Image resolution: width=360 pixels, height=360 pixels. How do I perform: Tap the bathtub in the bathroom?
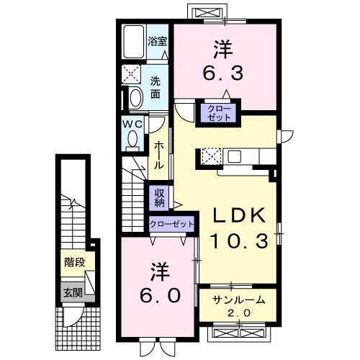tap(132, 43)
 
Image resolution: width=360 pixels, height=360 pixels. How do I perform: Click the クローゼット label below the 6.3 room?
tap(220, 112)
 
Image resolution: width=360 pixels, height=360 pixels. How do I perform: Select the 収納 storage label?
tap(159, 197)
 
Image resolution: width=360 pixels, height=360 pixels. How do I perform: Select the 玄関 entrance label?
tap(71, 292)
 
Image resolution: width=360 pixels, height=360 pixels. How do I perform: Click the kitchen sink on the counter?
tap(236, 156)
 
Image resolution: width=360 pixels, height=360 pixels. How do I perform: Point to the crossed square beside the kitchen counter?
tap(211, 156)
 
